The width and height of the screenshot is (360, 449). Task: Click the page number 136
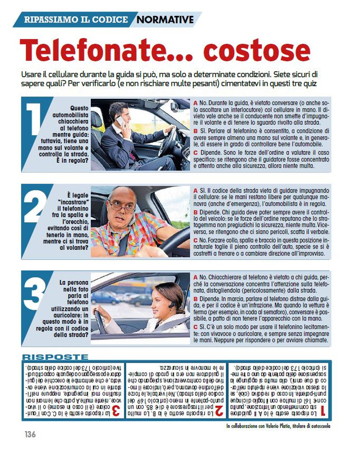point(30,434)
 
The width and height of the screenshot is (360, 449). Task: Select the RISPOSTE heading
point(54,357)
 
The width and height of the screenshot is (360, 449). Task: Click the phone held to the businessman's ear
point(120,121)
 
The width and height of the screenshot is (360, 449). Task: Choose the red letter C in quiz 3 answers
point(195,325)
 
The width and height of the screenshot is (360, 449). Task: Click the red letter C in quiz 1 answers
point(195,152)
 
